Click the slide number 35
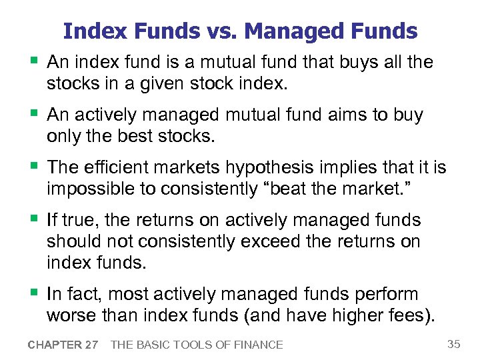pyautogui.click(x=453, y=344)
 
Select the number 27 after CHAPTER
pyautogui.click(x=91, y=345)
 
